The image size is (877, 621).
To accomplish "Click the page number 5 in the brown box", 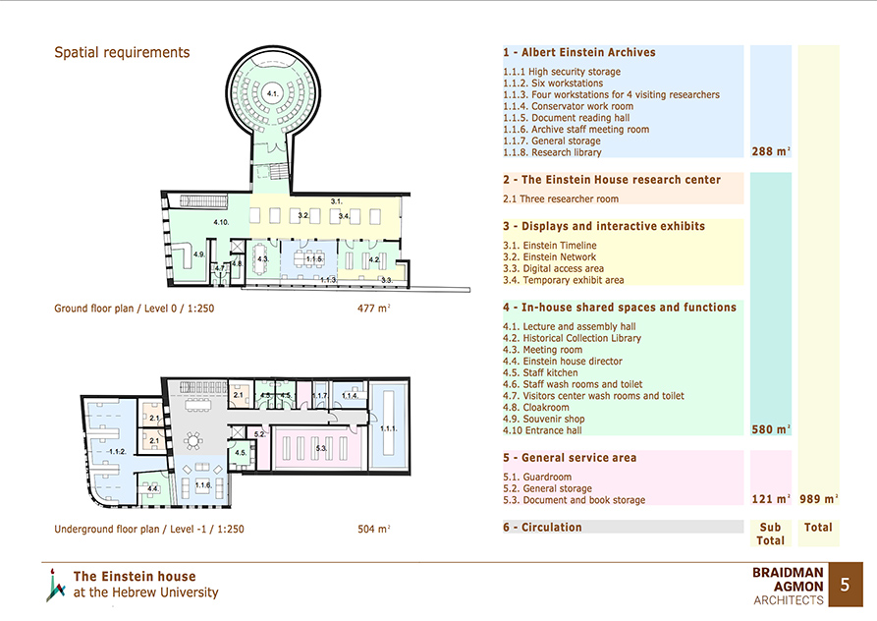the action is pyautogui.click(x=845, y=585).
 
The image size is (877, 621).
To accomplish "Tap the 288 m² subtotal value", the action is pyautogui.click(x=771, y=151).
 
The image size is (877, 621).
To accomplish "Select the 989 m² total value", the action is pyautogui.click(x=819, y=498).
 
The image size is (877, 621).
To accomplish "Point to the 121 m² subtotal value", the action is pyautogui.click(x=771, y=498).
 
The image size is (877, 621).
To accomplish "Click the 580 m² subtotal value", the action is pyautogui.click(x=771, y=429).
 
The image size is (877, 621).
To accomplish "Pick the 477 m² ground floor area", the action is pyautogui.click(x=373, y=308).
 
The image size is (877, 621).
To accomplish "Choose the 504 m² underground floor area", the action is pyautogui.click(x=373, y=529).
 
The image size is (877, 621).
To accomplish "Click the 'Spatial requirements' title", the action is pyautogui.click(x=122, y=53).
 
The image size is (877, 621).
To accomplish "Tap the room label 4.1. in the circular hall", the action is pyautogui.click(x=272, y=93).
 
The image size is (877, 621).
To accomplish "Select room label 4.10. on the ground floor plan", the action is pyautogui.click(x=221, y=222).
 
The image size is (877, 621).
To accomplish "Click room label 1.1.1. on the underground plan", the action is pyautogui.click(x=389, y=428).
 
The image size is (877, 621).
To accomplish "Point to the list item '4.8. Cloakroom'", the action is pyautogui.click(x=536, y=408).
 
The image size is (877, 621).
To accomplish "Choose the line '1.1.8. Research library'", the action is pyautogui.click(x=552, y=152).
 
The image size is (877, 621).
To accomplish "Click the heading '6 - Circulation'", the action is pyautogui.click(x=542, y=527).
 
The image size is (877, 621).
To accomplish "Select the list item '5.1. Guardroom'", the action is pyautogui.click(x=537, y=477).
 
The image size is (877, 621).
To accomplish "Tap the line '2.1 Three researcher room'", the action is pyautogui.click(x=561, y=198).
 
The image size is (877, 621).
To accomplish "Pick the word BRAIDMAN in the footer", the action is pyautogui.click(x=788, y=572).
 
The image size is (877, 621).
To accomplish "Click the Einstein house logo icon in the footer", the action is pyautogui.click(x=55, y=586).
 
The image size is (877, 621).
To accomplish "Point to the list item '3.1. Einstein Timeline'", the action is pyautogui.click(x=549, y=245).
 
